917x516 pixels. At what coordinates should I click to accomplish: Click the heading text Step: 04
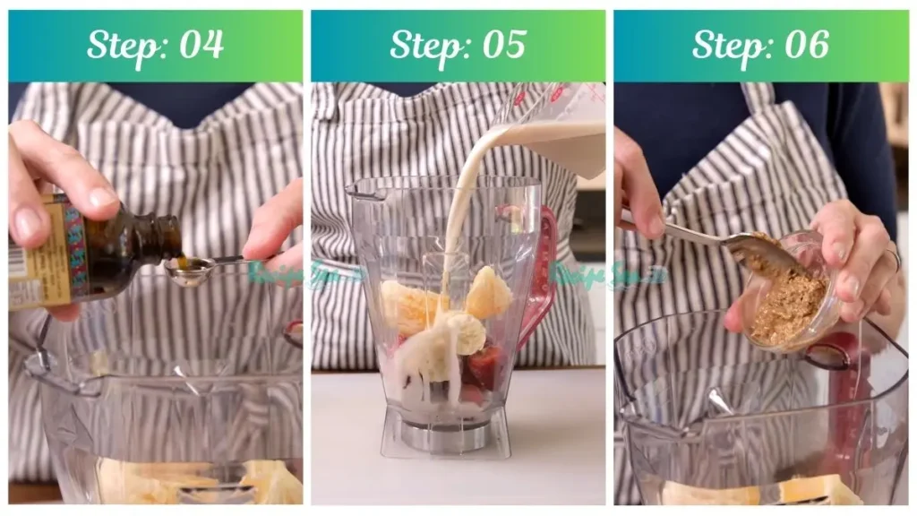coord(155,45)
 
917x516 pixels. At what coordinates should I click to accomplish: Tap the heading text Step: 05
coord(458,45)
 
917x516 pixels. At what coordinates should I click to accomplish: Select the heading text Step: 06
coord(760,45)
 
